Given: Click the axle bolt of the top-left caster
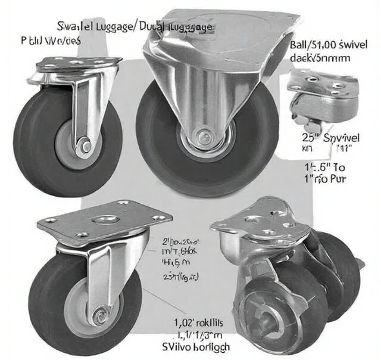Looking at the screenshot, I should (88, 145).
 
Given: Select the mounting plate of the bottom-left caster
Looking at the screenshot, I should (105, 224).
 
